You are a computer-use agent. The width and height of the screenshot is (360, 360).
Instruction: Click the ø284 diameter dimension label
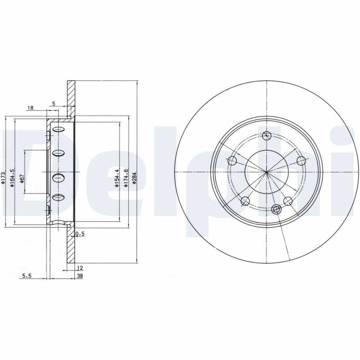(x=134, y=177)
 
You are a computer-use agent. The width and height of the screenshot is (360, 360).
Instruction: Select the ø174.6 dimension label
(x=126, y=178)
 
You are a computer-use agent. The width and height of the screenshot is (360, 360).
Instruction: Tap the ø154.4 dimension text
(x=117, y=178)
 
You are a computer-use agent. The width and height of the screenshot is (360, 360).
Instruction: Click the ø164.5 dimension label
(x=13, y=178)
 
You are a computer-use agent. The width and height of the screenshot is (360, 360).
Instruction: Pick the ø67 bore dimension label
(x=22, y=178)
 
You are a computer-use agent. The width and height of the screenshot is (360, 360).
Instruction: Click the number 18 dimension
(x=30, y=108)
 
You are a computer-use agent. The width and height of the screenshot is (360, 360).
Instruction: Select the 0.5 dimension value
(x=80, y=234)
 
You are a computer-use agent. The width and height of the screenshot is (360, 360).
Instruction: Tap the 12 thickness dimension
(x=80, y=268)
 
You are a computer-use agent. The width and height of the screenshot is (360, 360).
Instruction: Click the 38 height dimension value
(x=80, y=276)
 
